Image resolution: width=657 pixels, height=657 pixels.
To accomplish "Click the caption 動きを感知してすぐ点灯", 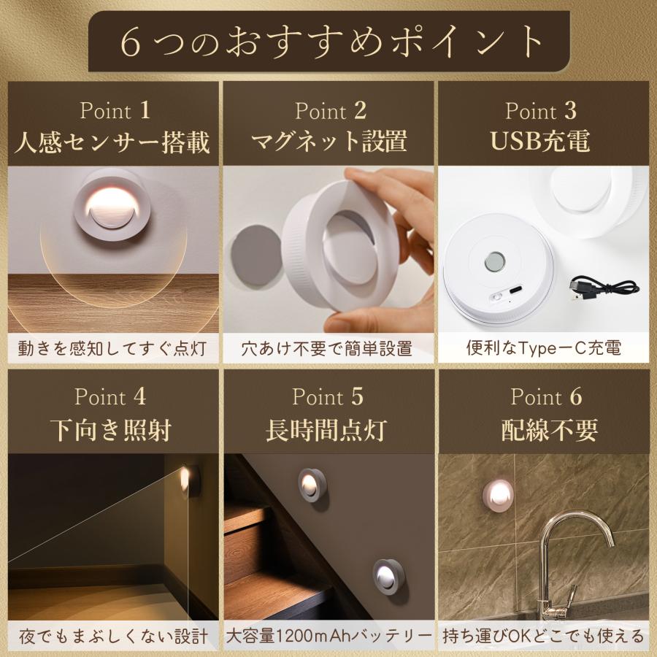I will [112, 348].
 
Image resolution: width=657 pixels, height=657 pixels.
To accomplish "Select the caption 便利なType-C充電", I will [544, 348].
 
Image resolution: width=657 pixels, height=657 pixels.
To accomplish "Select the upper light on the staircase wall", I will [312, 484].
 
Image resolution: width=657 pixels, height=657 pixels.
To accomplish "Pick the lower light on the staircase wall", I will [389, 576].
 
